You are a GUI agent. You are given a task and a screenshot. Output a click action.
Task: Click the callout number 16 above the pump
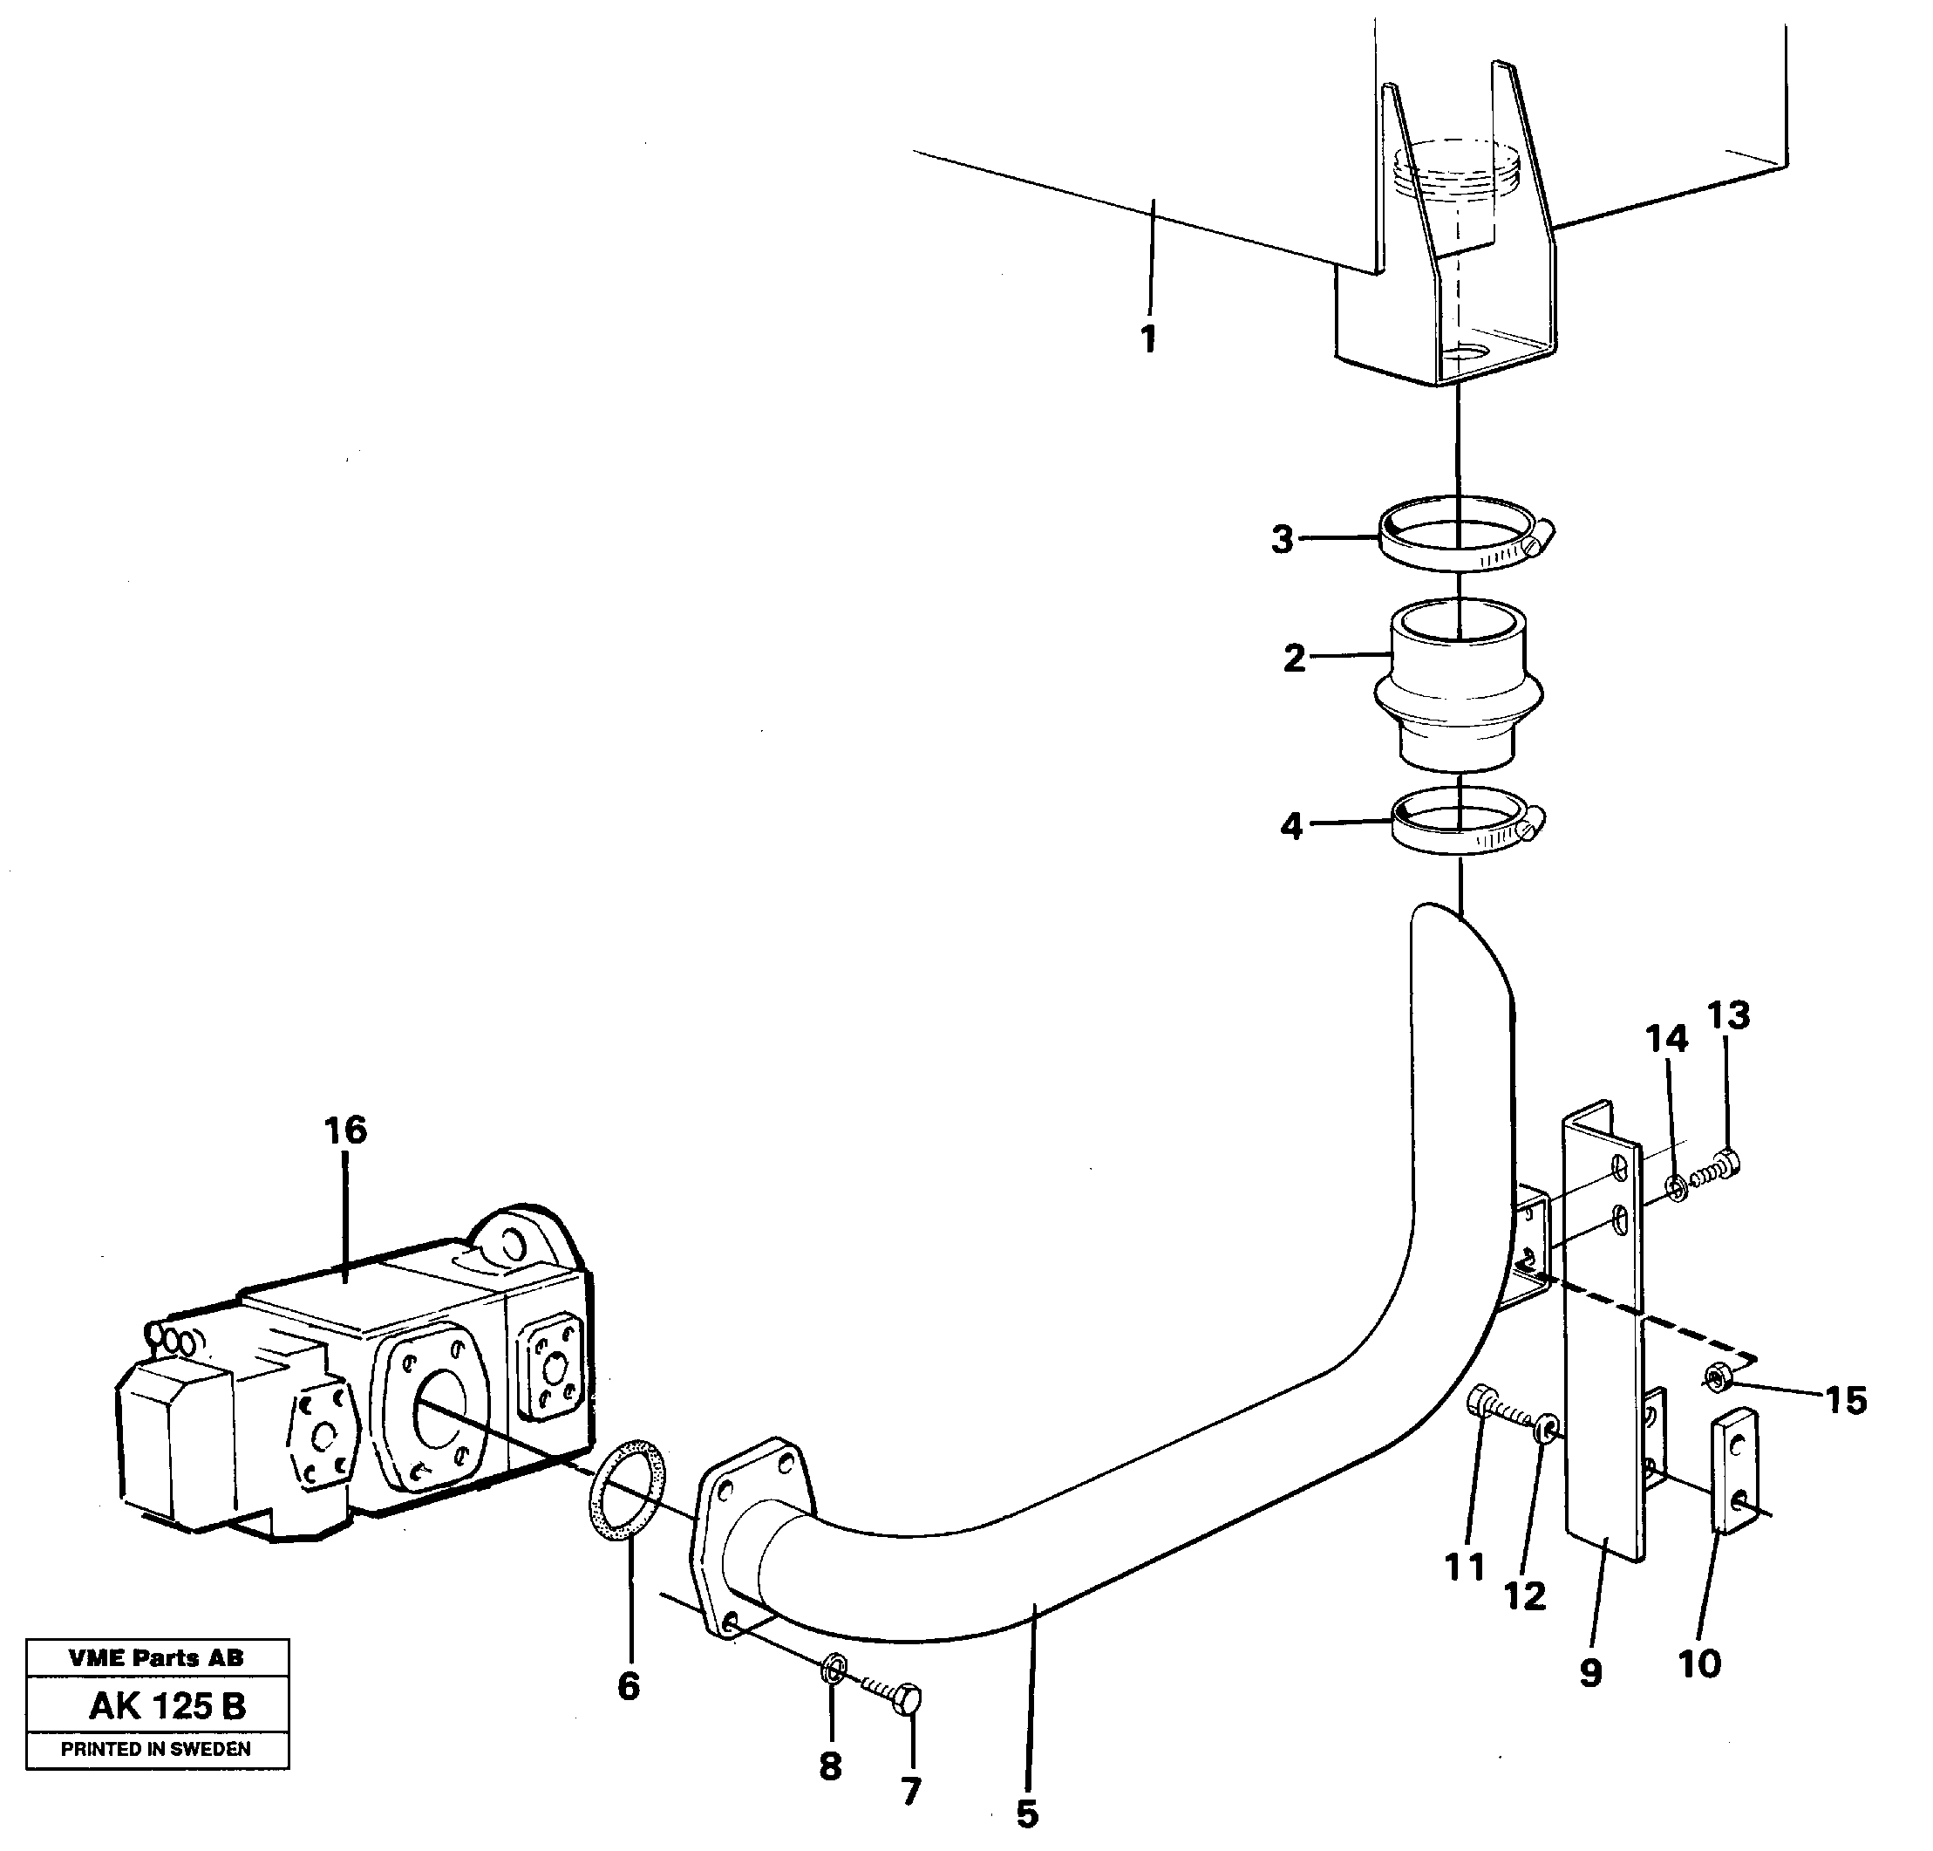(344, 1130)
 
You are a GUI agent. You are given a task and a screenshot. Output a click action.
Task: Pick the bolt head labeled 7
(909, 1699)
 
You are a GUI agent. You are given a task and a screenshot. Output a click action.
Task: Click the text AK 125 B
(167, 1706)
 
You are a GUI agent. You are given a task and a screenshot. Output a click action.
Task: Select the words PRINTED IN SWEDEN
(156, 1749)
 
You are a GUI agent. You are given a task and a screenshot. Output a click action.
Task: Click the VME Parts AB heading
(156, 1658)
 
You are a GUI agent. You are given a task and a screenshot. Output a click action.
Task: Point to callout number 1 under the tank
(1148, 339)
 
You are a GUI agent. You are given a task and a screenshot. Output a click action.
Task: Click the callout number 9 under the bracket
(1589, 1672)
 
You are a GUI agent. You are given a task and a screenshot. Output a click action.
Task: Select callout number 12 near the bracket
(1525, 1595)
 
